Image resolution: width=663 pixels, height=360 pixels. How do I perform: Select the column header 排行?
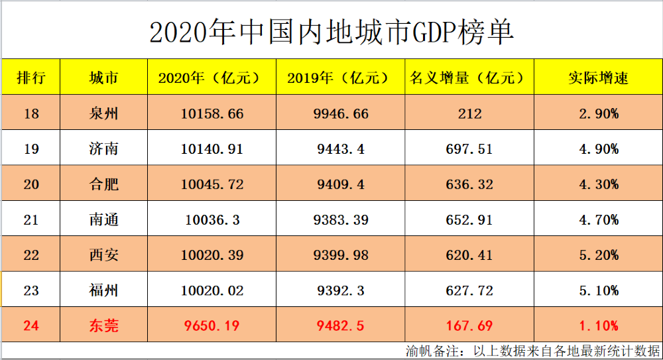30,78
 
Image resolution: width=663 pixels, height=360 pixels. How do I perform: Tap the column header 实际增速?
598,78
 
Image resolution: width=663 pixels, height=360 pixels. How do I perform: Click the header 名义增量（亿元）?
469,78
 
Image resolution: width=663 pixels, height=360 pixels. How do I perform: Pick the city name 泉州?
103,114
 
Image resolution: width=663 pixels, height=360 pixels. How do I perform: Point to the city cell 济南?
103,149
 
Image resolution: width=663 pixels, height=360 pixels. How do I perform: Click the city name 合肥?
103,184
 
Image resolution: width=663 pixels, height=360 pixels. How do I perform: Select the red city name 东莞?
103,326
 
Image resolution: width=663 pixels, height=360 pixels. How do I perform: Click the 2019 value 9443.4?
341,149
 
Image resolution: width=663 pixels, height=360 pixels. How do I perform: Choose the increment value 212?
469,114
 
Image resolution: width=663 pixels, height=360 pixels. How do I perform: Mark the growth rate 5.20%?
598,255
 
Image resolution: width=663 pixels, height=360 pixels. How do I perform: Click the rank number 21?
31,220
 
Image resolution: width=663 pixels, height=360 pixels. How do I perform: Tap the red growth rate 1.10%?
598,326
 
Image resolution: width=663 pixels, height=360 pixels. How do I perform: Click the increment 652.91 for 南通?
469,220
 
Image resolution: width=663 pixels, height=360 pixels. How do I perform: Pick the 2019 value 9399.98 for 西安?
341,255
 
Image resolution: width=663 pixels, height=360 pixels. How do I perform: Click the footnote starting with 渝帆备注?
533,351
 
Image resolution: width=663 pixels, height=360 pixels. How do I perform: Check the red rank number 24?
31,326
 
